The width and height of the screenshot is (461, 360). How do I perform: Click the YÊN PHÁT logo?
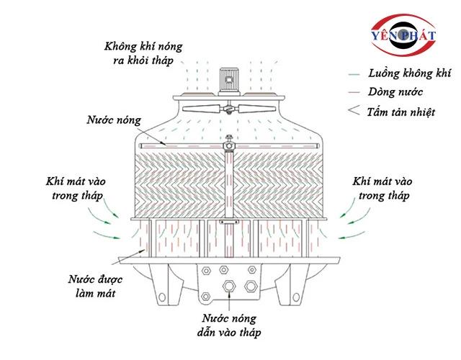coord(403,35)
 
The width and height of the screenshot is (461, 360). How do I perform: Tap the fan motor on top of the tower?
coord(229,81)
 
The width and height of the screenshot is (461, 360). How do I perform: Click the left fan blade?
coord(201,109)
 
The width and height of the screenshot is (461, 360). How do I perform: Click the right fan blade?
coord(256,109)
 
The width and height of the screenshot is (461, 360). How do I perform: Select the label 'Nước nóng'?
coord(114,120)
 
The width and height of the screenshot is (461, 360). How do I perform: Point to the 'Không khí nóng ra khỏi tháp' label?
coord(143,53)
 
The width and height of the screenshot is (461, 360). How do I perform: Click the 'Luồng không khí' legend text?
coord(409,73)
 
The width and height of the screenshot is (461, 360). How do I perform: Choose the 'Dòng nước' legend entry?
coord(395,92)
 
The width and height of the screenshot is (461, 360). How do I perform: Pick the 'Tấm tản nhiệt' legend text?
coord(401,112)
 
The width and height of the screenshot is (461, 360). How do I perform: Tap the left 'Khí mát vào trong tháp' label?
coord(76,189)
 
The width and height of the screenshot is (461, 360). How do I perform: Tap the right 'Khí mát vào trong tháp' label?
coord(382,189)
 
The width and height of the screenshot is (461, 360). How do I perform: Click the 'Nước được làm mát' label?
coord(95,287)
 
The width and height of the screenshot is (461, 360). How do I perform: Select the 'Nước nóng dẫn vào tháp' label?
coord(229,325)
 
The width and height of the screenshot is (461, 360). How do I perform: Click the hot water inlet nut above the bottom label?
coord(229,286)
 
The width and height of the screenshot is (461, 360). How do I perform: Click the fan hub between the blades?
coord(229,109)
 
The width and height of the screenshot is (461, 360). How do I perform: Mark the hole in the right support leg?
coord(296,297)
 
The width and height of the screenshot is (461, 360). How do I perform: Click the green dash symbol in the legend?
coord(354,74)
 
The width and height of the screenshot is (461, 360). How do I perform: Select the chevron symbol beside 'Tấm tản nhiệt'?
coord(354,110)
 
